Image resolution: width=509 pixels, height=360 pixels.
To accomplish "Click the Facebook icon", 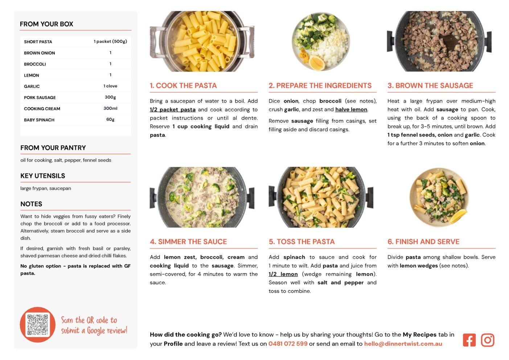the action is (x=469, y=340).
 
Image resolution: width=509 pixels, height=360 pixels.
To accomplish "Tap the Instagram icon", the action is (x=488, y=340).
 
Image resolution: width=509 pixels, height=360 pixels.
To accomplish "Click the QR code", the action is (x=38, y=325).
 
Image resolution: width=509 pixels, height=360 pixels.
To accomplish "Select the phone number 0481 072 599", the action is (x=288, y=344).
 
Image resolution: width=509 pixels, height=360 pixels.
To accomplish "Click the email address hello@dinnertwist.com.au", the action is (x=403, y=344).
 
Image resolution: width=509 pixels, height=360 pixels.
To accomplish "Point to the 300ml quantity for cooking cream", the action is (x=110, y=109).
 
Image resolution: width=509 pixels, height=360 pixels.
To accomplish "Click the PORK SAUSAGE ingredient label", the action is (x=40, y=98).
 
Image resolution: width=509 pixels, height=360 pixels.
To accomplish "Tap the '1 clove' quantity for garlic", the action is (x=110, y=86).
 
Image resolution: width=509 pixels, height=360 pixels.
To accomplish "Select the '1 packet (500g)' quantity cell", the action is (x=110, y=41).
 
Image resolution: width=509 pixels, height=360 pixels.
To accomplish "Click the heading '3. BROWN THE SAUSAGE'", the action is (x=430, y=85).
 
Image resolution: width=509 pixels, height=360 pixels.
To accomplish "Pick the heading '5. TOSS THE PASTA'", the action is (x=301, y=242).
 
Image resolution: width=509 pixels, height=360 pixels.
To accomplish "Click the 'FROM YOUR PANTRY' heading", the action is (x=53, y=148).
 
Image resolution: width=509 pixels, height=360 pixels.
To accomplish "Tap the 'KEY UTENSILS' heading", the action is (x=43, y=176).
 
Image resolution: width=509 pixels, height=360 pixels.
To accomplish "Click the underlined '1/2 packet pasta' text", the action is (x=172, y=110).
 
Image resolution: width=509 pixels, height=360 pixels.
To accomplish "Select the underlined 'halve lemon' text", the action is (x=351, y=110).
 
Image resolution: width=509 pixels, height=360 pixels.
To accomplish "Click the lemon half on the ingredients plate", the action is (x=317, y=62).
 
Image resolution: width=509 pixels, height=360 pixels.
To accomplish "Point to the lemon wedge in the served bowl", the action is (x=457, y=216).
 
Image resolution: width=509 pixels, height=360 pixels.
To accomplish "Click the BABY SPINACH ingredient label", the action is (x=39, y=120).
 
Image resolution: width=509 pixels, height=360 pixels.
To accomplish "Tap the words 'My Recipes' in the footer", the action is (x=419, y=335).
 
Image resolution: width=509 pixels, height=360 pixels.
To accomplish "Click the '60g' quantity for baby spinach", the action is (x=110, y=119).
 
